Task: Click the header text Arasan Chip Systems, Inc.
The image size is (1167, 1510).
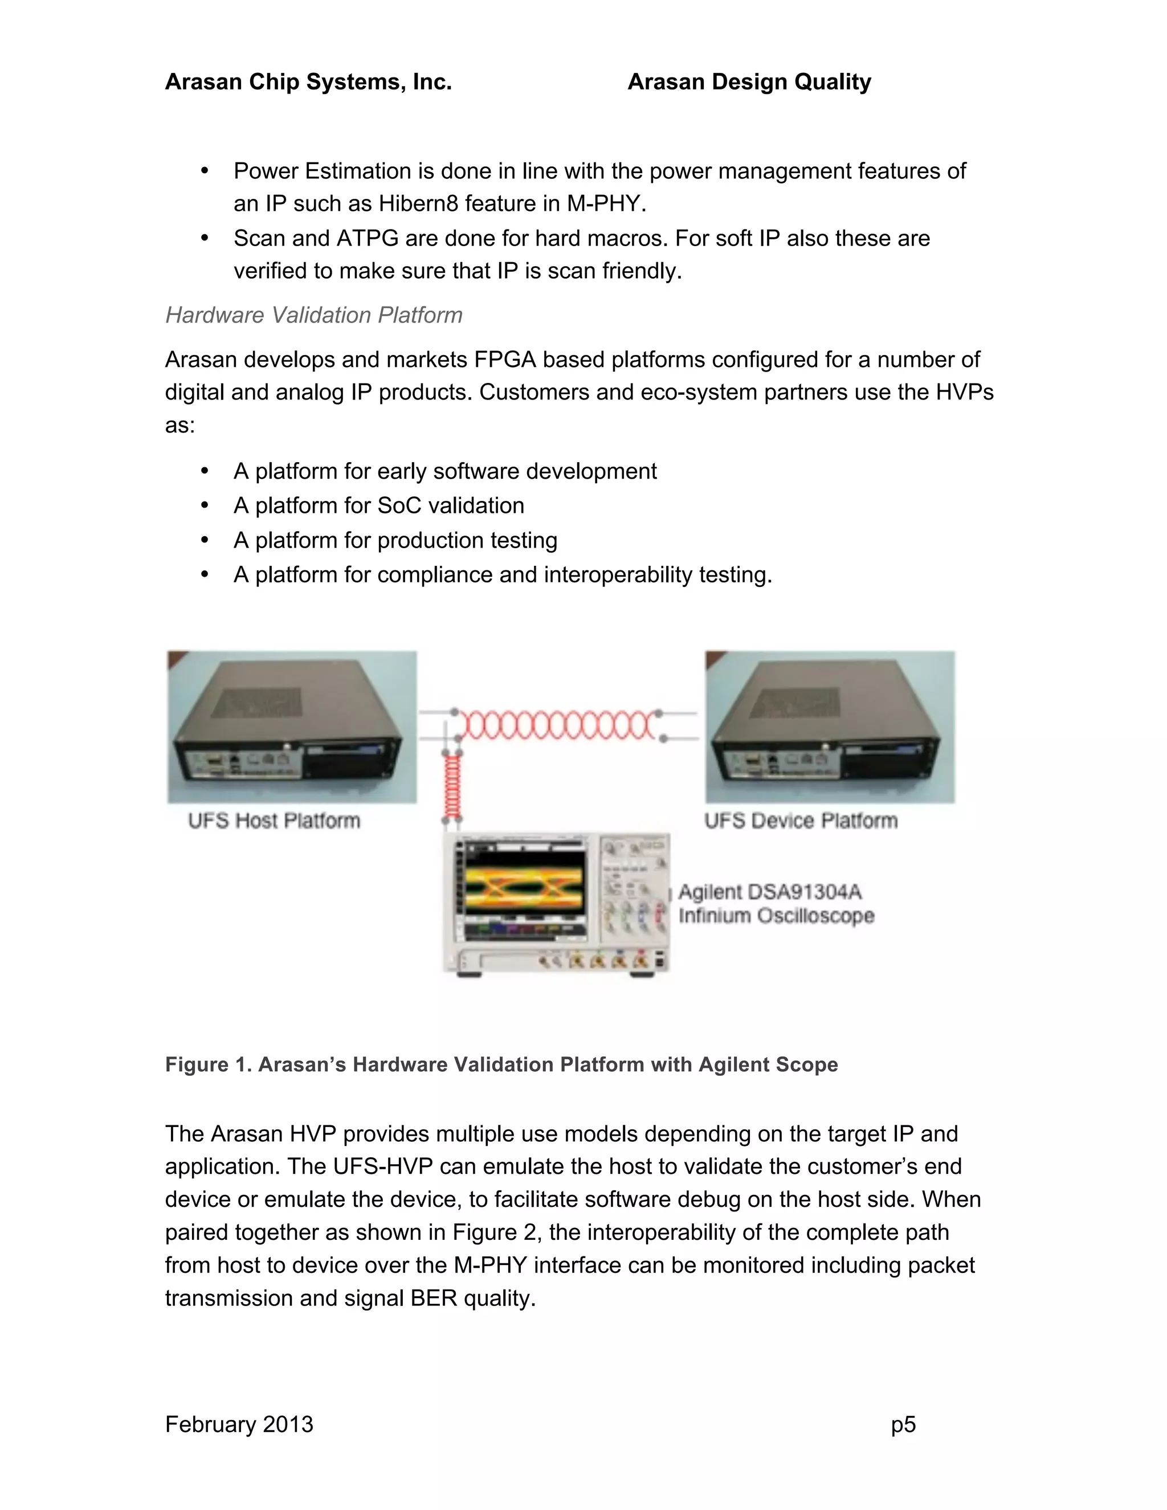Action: coord(308,81)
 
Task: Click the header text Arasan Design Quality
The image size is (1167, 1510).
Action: coord(749,81)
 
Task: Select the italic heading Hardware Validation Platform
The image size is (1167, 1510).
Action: coord(313,315)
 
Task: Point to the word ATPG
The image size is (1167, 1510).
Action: coord(367,239)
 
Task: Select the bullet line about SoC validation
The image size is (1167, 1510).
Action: coord(378,506)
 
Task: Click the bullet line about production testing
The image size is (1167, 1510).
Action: coord(395,541)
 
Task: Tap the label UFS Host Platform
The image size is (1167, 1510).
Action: coord(275,821)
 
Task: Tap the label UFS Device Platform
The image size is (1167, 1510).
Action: coord(801,821)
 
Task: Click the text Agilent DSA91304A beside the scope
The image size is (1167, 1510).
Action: coord(769,892)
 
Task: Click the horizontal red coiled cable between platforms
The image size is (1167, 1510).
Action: coord(557,726)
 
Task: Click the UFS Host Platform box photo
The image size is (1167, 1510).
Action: coord(292,727)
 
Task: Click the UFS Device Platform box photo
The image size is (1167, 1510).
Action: coord(830,727)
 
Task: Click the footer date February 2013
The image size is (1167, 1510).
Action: coord(239,1425)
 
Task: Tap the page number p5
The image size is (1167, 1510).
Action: coord(903,1425)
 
